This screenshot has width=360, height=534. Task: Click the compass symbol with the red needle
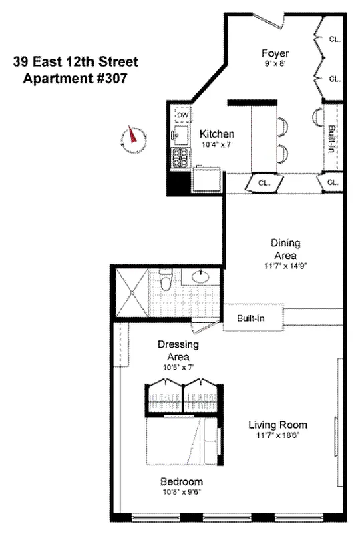(x=134, y=138)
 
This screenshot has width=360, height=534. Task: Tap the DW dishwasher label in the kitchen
(x=182, y=116)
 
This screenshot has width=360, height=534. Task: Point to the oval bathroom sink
(x=198, y=276)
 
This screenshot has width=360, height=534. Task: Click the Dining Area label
(x=285, y=249)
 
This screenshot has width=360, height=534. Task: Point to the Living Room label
(x=278, y=425)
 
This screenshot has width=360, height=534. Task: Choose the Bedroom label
(x=181, y=481)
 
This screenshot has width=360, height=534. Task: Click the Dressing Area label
(x=178, y=350)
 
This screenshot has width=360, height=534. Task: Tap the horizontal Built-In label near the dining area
(x=251, y=318)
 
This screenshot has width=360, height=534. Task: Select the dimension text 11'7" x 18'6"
(x=278, y=435)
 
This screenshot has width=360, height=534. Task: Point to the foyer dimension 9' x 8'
(x=275, y=65)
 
